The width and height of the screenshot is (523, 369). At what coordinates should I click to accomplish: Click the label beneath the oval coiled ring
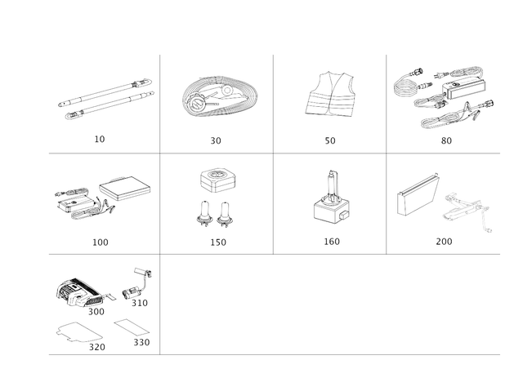[x=216, y=141]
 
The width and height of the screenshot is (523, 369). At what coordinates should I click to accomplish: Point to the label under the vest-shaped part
[x=330, y=141]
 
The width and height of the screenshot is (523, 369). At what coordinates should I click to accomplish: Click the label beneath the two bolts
[x=216, y=242]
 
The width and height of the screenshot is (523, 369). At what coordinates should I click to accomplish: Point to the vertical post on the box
[x=332, y=181]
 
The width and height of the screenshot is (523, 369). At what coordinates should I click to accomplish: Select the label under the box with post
[x=330, y=242]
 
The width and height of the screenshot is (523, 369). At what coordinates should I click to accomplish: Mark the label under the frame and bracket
[x=444, y=242]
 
